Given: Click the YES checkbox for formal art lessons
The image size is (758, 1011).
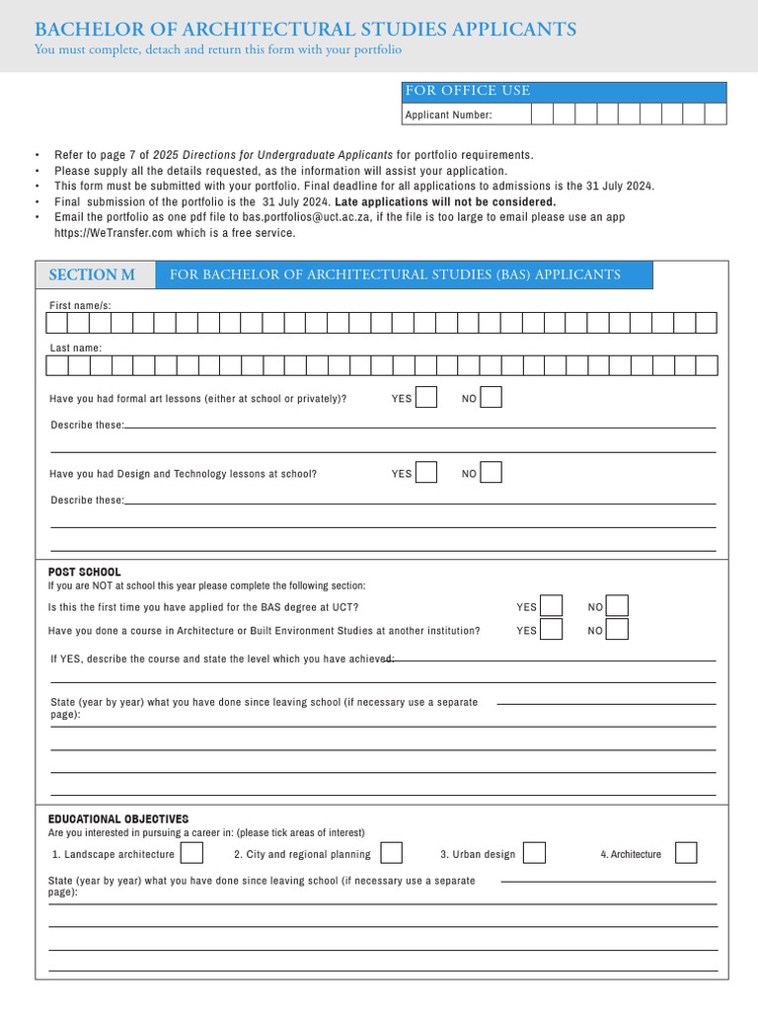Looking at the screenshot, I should (426, 397).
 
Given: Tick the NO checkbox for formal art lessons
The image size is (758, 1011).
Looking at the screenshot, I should (491, 397).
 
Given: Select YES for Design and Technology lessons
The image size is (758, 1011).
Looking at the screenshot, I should (426, 472).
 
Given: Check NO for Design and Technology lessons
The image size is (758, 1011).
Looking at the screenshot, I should (491, 472).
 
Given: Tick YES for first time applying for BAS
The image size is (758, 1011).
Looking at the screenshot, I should (552, 606).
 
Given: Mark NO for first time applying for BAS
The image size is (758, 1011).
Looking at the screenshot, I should (617, 606).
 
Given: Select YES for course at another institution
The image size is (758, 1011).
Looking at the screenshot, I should (552, 630).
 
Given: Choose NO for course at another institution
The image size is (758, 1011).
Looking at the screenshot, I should (617, 630).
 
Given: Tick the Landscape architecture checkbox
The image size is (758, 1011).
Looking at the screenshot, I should (192, 853).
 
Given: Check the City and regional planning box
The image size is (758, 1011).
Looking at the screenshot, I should (391, 853).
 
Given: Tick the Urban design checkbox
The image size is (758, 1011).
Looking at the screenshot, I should (534, 853).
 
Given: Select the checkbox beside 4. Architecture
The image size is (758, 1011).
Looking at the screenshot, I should (686, 853).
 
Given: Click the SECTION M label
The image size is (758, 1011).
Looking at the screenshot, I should (92, 274).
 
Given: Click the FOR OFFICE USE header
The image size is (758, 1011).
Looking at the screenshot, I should (467, 91).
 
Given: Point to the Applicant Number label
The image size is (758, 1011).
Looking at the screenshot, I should (448, 115).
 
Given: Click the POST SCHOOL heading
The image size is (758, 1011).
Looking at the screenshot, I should (85, 572).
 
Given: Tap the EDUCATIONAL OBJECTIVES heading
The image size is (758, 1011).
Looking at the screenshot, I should (118, 819).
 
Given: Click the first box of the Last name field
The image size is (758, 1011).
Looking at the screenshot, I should (57, 365).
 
